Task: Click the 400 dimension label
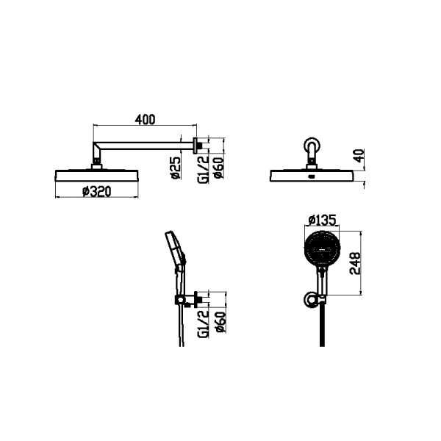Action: click(x=145, y=119)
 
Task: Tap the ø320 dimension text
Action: click(x=97, y=192)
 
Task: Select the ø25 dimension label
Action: click(x=176, y=168)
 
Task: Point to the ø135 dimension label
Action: click(x=323, y=220)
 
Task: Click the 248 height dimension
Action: click(x=355, y=263)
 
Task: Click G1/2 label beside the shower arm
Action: click(x=204, y=169)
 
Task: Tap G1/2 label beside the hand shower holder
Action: click(x=204, y=323)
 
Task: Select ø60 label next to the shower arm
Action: click(x=218, y=168)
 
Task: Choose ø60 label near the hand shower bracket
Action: click(x=220, y=322)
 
